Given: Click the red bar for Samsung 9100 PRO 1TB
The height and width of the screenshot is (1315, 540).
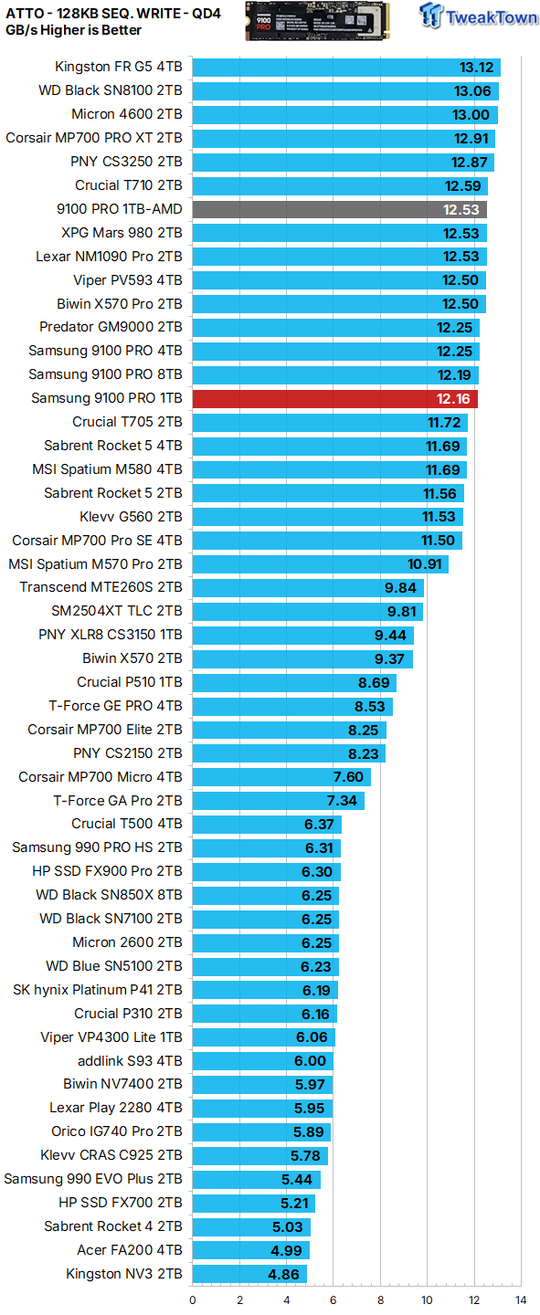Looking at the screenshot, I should [334, 398].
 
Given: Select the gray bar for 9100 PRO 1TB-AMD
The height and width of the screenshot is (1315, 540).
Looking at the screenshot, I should [339, 209].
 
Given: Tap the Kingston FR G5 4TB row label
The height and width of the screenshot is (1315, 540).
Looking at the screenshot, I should [118, 67].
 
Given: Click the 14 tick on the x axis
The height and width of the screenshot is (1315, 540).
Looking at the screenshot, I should [520, 1299].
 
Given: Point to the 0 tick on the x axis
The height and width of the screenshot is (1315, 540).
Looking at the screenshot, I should [193, 1299].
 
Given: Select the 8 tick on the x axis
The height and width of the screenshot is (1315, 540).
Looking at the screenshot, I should [380, 1299].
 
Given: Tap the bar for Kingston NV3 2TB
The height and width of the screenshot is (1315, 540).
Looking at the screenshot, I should [249, 1274].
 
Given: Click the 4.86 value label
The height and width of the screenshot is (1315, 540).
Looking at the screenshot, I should [284, 1274].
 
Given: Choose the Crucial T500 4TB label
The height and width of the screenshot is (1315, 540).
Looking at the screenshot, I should [127, 824].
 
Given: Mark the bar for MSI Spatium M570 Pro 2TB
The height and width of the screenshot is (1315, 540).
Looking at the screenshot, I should [320, 564].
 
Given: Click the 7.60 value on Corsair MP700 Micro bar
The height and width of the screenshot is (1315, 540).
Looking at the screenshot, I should [348, 777].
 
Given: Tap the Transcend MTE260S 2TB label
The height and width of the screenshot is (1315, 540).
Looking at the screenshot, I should [101, 587].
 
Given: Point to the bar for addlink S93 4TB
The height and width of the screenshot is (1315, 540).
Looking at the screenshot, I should [262, 1061].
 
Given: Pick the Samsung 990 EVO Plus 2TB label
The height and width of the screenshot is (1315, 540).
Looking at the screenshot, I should [93, 1179].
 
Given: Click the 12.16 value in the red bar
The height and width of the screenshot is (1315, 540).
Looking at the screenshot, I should [454, 398].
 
